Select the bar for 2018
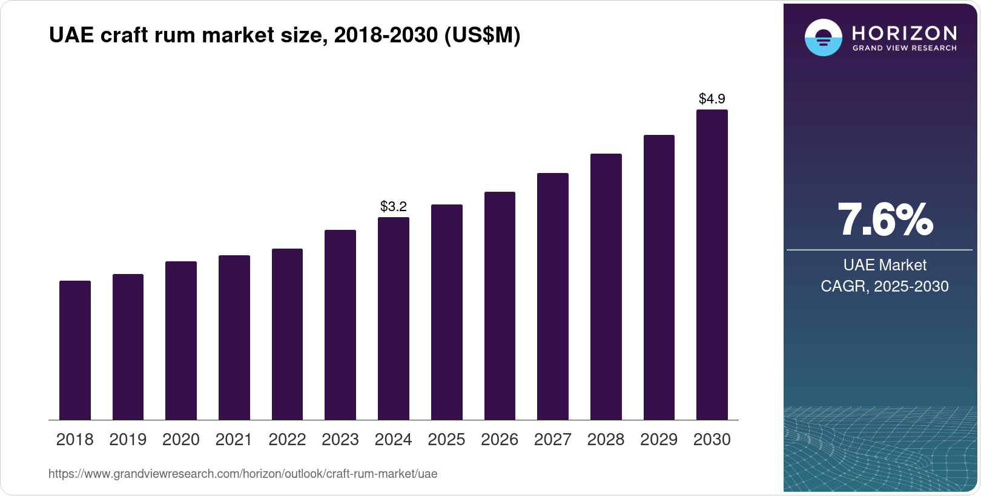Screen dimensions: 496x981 [75, 350]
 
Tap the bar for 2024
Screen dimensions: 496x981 [394, 319]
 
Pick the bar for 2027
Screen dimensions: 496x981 [553, 296]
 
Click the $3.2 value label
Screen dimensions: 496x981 [394, 206]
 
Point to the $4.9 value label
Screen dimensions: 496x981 [712, 99]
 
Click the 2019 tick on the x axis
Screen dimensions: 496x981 [128, 440]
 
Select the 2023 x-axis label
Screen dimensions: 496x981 [340, 440]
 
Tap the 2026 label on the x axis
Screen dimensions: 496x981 [500, 440]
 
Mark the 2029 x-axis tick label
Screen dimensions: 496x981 [659, 440]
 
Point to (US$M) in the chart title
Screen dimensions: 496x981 [483, 35]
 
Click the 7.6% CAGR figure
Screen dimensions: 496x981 [885, 220]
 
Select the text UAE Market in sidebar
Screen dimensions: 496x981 [885, 265]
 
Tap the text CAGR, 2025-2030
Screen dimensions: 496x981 [885, 286]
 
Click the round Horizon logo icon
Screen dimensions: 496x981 [824, 38]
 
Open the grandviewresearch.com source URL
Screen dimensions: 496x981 [243, 474]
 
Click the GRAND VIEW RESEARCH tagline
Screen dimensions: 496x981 [905, 48]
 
